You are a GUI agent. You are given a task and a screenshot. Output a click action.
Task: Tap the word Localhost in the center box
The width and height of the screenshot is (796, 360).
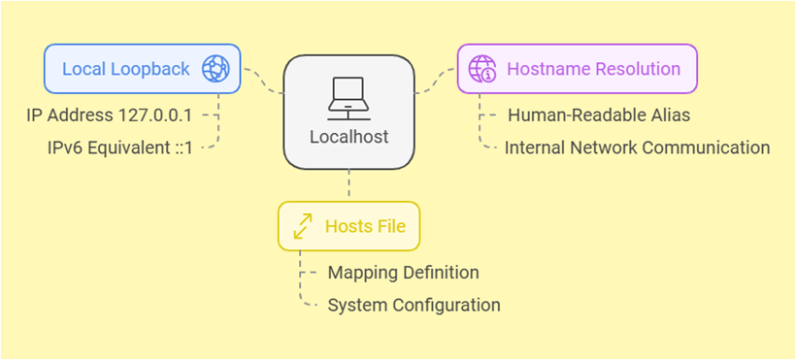tap(348, 137)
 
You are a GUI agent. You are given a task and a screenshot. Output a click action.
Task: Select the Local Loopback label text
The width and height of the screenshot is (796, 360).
tap(126, 69)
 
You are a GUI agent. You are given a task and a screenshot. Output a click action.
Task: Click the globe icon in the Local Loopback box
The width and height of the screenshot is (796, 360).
tap(215, 69)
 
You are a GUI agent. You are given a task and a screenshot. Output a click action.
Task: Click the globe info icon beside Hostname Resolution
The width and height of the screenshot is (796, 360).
tap(482, 69)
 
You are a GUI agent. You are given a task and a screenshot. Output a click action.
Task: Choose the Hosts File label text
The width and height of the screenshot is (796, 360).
tap(365, 227)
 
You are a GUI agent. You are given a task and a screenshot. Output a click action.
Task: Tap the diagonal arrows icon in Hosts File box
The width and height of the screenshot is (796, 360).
tap(303, 227)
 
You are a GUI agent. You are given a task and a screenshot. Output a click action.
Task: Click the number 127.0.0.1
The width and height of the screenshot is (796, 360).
tap(157, 115)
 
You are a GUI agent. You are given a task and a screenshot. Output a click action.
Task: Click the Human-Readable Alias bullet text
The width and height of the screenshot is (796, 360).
tap(599, 115)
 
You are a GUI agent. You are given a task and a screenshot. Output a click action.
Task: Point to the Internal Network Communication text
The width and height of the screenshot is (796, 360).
tap(637, 147)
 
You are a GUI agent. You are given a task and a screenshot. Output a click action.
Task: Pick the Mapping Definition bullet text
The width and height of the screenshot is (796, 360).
tap(403, 273)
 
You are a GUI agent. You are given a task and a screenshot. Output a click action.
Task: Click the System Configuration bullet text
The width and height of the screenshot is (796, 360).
tap(414, 305)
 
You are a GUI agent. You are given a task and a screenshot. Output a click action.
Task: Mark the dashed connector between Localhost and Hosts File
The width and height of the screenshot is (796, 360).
tap(348, 184)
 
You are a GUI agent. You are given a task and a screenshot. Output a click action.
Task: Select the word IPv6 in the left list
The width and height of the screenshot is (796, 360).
tap(66, 147)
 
